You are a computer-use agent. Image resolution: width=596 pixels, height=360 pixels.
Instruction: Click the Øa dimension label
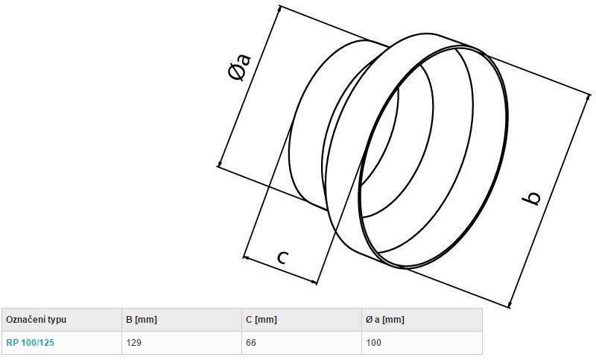[240, 68]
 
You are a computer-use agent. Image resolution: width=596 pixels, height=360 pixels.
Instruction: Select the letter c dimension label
[283, 257]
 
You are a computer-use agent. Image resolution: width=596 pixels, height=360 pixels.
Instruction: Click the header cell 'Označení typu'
[36, 319]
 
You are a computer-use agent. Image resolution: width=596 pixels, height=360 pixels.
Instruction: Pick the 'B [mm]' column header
[142, 319]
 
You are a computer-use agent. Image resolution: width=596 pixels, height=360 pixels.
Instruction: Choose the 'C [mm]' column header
[261, 319]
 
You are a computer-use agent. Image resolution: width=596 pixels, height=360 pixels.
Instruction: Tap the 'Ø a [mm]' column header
[385, 319]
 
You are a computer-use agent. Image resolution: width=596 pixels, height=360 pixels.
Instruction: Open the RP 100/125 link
[31, 343]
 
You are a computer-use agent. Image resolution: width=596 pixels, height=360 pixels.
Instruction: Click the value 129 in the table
[134, 343]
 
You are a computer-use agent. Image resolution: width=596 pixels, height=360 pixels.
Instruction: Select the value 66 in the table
[251, 343]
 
